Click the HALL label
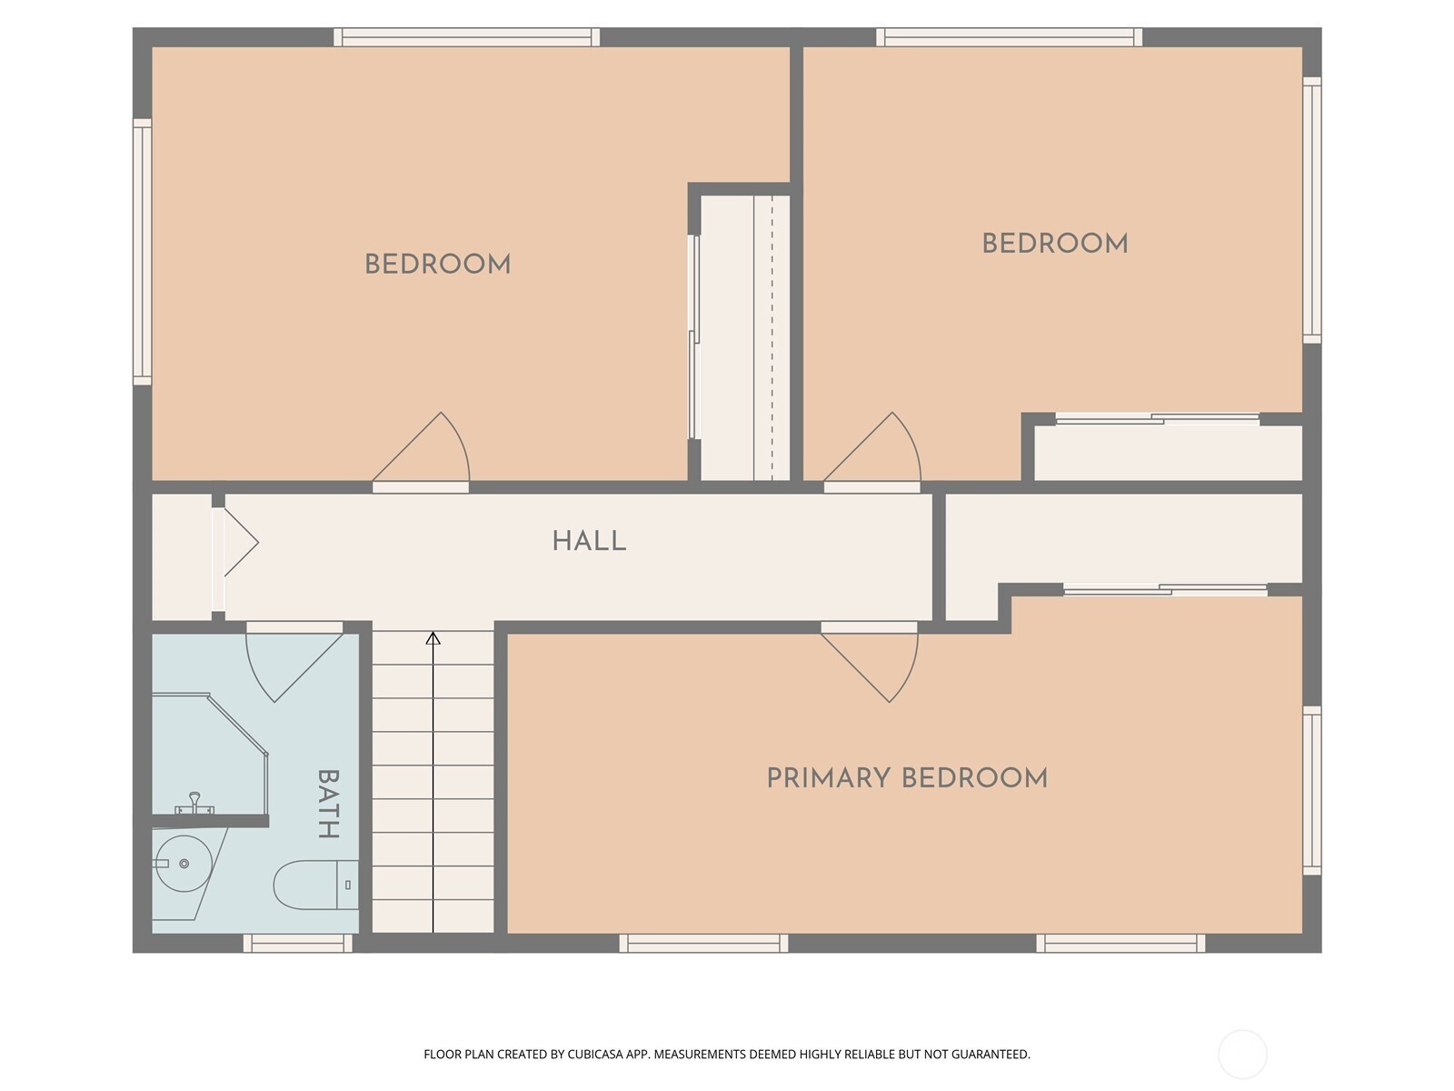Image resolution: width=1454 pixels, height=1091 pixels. coord(589,541)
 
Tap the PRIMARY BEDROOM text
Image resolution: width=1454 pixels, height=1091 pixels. coord(907,778)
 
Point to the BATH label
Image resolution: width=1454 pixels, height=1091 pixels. coord(329,804)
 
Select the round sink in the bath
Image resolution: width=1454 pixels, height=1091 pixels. coord(184,864)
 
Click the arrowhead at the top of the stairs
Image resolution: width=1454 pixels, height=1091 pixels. coord(433,638)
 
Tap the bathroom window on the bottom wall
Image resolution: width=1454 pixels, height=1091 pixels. coord(298,944)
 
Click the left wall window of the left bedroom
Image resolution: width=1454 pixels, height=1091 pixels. coord(142,252)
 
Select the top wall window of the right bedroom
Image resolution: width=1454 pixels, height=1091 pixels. coord(1009,37)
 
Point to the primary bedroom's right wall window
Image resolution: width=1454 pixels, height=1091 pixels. coord(1311,790)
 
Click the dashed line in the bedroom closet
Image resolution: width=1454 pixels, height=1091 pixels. coord(772,338)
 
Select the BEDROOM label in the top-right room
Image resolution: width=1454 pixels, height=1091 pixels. coord(1054,244)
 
